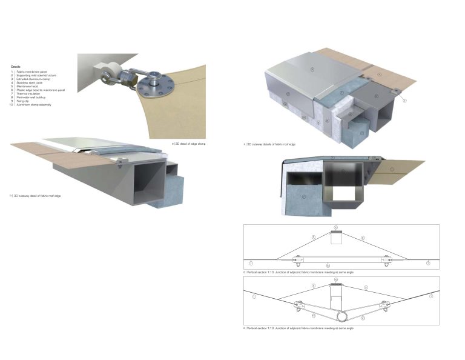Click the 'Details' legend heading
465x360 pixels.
pyautogui.click(x=15, y=66)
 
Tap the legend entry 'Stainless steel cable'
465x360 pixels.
pyautogui.click(x=28, y=82)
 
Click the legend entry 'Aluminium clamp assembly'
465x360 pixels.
pyautogui.click(x=33, y=105)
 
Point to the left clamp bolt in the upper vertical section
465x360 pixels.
pyautogui.click(x=297, y=260)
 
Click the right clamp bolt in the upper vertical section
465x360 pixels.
pyautogui.click(x=386, y=260)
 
